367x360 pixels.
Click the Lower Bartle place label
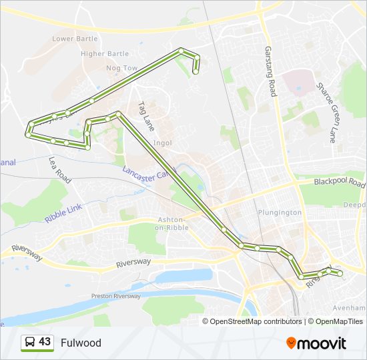pos(75,39)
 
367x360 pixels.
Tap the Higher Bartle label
pos(104,53)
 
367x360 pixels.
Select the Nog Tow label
pos(121,68)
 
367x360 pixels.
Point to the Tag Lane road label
pos(145,115)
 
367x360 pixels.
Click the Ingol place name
pos(163,143)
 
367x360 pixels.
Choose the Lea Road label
pos(59,170)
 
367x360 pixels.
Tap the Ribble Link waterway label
pos(63,213)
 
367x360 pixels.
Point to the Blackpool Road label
pos(340,183)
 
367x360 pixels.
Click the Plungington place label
pos(280,213)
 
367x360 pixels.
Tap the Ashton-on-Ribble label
pos(173,223)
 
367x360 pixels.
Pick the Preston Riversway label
pos(116,295)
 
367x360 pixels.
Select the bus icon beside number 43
pos(29,343)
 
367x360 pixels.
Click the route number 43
pos(45,342)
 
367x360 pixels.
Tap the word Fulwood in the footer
pos(81,343)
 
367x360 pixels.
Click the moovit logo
pos(316,343)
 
